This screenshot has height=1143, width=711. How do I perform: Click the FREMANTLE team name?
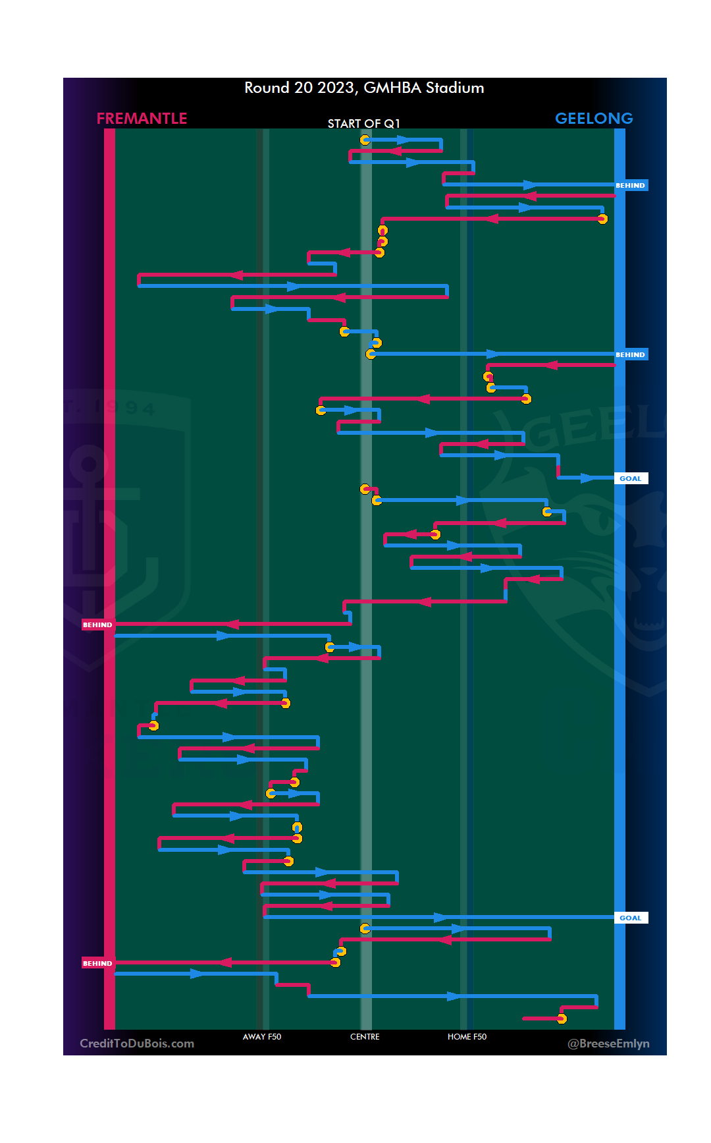(x=142, y=119)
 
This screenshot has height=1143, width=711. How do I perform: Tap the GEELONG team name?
(x=594, y=119)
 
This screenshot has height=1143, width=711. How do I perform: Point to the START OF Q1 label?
(x=363, y=124)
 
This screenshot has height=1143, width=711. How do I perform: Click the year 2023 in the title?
(x=336, y=88)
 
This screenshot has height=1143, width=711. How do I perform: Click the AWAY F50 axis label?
(x=262, y=1037)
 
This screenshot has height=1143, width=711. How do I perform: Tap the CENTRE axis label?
(x=365, y=1037)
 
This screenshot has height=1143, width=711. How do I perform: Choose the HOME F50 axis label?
(x=467, y=1037)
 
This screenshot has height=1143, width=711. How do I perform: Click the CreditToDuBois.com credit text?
(x=137, y=1044)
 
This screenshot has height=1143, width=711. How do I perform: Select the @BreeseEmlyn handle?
(x=608, y=1044)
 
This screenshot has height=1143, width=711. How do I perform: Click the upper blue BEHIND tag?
(x=631, y=186)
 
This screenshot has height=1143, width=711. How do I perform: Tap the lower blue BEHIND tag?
(x=631, y=355)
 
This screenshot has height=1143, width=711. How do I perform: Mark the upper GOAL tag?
(x=631, y=479)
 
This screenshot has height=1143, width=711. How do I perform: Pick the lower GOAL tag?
(x=631, y=918)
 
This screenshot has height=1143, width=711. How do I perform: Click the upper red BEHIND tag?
(x=97, y=625)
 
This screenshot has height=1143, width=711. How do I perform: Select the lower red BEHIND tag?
(x=97, y=964)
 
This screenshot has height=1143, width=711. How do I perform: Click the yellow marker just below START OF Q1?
(x=365, y=140)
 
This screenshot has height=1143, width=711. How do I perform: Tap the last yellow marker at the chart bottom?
(x=562, y=1019)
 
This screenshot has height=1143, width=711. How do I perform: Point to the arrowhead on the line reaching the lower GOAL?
(x=440, y=918)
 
